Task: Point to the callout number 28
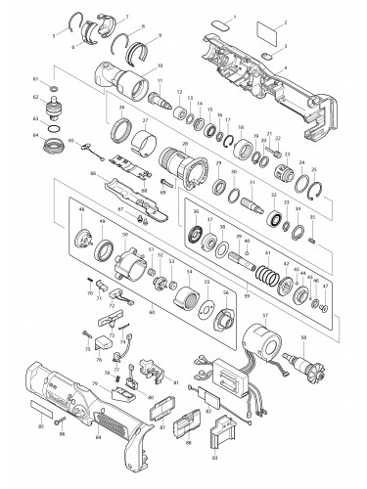pos(185,143)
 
